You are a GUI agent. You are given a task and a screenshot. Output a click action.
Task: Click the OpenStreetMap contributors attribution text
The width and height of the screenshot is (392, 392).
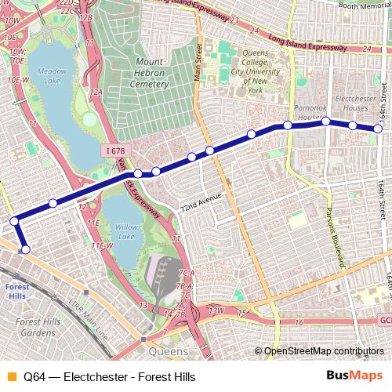point(323,351)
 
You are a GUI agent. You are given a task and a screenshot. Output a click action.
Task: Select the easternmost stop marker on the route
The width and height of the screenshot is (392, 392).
point(378,129)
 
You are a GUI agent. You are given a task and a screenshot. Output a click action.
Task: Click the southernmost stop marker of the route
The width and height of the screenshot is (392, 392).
point(25,249)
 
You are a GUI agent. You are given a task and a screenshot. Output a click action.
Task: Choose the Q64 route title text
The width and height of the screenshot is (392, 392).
point(109,377)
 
